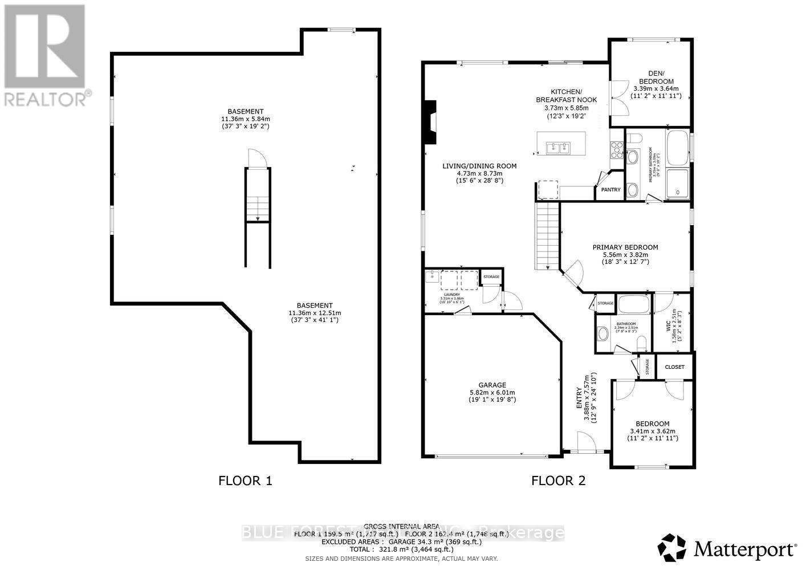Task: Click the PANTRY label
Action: tap(610, 190)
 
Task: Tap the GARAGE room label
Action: tap(492, 385)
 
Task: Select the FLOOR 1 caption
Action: tap(245, 481)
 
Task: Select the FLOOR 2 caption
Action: tap(558, 481)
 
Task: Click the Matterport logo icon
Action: tap(672, 548)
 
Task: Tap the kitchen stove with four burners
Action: tap(617, 149)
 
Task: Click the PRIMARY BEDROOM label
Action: tap(625, 247)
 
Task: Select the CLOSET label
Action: tap(674, 367)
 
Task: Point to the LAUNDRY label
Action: tap(452, 295)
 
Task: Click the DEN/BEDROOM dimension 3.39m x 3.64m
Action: tap(656, 89)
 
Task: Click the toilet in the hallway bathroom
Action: tap(641, 343)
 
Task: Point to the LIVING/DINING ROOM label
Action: tap(479, 166)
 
